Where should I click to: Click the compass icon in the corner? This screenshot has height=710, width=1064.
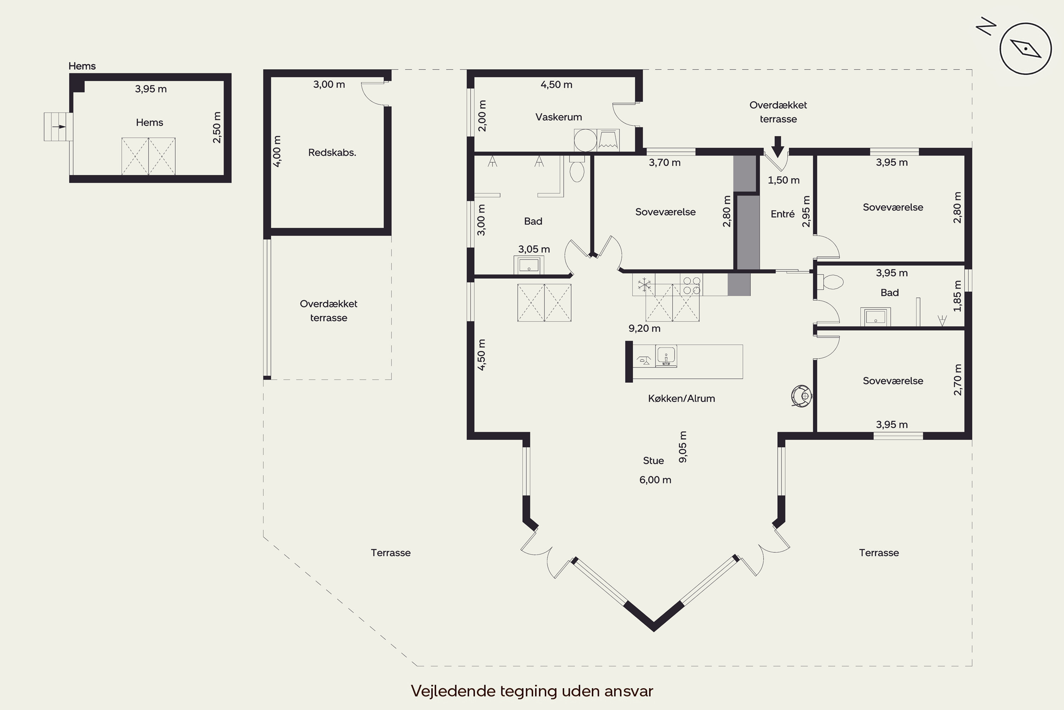pos(1025,48)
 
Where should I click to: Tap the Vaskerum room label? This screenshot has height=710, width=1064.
pos(558,117)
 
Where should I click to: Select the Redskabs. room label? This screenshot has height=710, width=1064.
pos(332,153)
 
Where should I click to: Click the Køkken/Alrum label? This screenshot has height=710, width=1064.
pos(681,398)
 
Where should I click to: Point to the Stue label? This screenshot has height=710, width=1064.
pos(653,460)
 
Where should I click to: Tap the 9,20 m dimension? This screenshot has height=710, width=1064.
pos(644,328)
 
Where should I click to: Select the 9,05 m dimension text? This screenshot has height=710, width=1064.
pos(683,447)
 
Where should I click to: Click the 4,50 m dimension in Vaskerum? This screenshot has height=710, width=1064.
pos(556,85)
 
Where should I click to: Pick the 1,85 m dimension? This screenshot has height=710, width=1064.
pos(957,296)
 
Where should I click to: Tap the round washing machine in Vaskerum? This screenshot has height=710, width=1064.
pos(586,140)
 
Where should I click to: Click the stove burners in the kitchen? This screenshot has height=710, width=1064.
pos(692,286)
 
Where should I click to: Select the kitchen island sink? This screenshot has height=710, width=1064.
pos(666,356)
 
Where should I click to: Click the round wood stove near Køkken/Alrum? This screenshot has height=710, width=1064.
pos(802,396)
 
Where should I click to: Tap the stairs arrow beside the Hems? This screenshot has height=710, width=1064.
pos(59,127)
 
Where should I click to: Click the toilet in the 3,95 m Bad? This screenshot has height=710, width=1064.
pos(830,283)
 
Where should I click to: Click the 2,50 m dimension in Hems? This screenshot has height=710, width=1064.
pos(217,127)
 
